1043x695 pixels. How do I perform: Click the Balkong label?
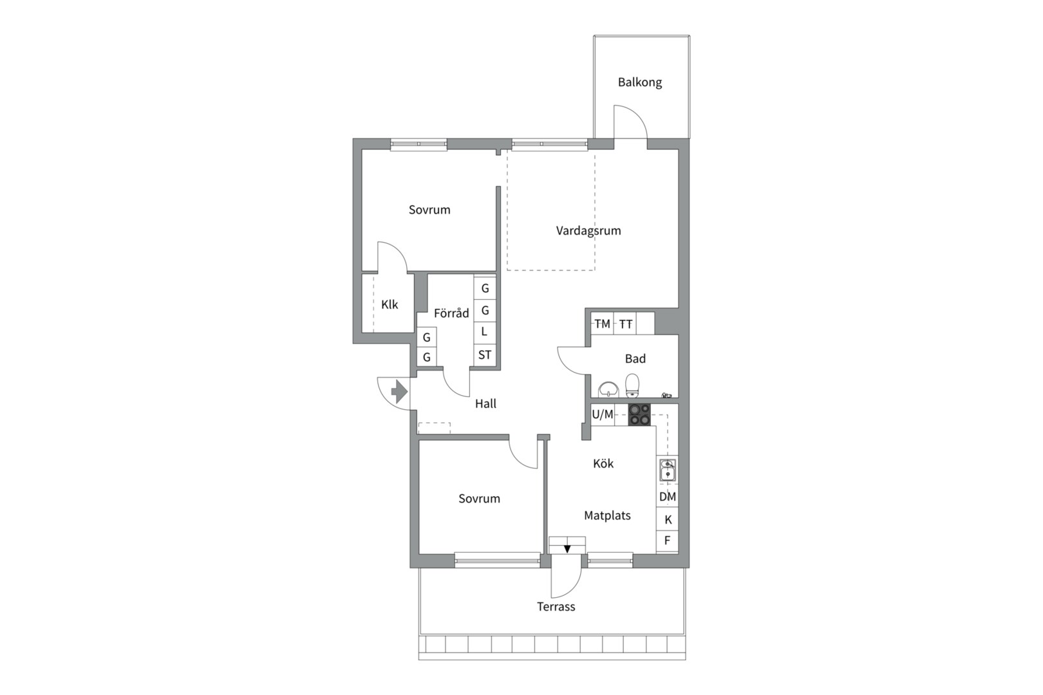point(640,82)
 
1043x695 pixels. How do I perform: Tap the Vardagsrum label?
point(588,230)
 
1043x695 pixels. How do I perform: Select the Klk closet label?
point(390,304)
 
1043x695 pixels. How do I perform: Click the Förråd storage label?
point(451,313)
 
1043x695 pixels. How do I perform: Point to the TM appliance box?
point(603,324)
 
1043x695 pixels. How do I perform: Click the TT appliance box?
point(626,324)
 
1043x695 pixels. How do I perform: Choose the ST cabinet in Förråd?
point(485,355)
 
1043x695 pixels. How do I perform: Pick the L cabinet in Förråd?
point(485,331)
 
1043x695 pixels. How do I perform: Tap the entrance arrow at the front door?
point(400,391)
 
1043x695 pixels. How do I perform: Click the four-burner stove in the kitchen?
point(640,415)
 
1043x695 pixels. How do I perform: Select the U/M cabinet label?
point(603,414)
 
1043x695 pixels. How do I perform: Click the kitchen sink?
point(668,470)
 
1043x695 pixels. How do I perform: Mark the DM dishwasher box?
point(667,497)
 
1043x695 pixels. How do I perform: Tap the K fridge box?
point(667,519)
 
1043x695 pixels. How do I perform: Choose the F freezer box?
point(667,541)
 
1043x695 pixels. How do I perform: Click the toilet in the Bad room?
point(632,385)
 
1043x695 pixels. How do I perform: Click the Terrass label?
point(556,607)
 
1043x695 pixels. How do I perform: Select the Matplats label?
point(607,515)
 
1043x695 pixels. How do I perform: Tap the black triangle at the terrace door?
point(567,550)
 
